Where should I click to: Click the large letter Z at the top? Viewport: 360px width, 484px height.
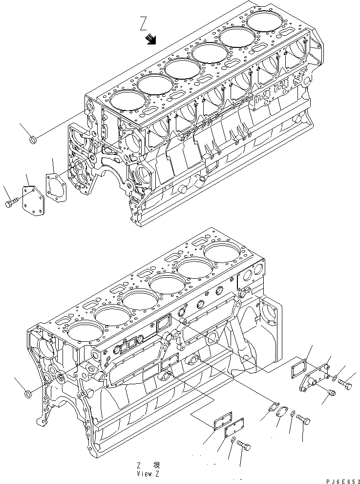point(143,23)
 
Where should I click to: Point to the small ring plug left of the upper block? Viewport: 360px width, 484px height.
point(33,141)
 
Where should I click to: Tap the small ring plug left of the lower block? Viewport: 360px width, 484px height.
point(28,392)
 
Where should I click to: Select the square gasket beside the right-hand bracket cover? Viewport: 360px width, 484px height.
point(297,369)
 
